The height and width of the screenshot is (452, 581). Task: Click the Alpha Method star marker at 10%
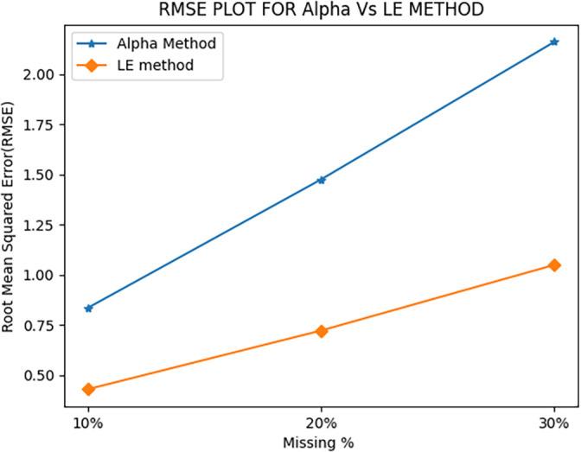click(88, 308)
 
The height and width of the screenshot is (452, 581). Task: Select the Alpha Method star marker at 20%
click(322, 180)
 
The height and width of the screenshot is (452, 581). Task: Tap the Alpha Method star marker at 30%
click(554, 41)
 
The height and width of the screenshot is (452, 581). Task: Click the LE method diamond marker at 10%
click(88, 389)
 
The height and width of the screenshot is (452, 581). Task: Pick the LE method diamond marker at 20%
click(322, 331)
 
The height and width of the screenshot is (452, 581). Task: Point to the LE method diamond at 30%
click(554, 265)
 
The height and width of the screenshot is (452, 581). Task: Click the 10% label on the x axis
click(88, 424)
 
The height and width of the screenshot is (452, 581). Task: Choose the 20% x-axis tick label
click(322, 424)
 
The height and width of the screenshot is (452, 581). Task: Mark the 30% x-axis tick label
click(554, 424)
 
